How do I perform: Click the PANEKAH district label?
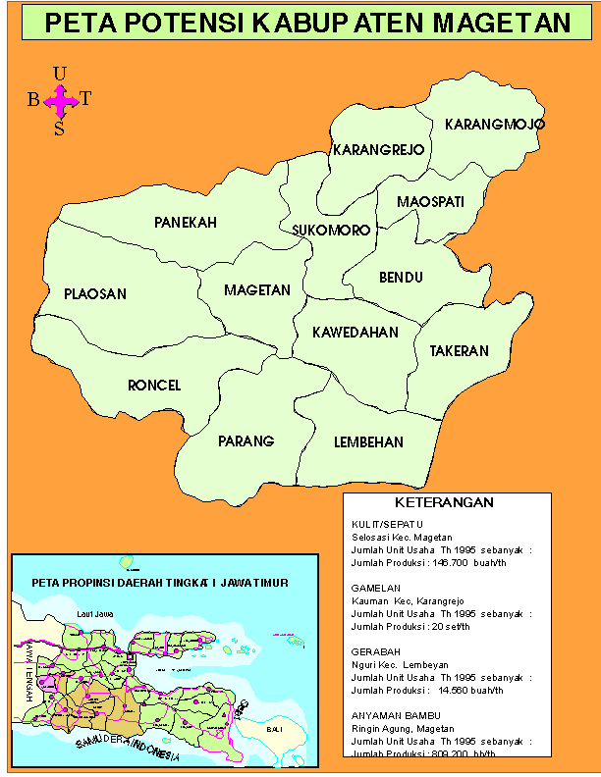[x=185, y=223]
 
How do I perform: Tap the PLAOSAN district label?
[x=95, y=293]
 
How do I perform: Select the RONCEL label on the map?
[x=154, y=386]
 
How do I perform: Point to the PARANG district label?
[x=246, y=440]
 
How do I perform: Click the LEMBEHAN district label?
[x=368, y=442]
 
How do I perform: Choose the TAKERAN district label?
[x=459, y=351]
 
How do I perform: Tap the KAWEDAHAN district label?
[x=355, y=333]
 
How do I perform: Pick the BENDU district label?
[x=401, y=278]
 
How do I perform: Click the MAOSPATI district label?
[x=430, y=202]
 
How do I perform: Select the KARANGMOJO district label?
[x=495, y=125]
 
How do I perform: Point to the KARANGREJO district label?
[x=378, y=150]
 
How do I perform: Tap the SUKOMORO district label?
[x=331, y=231]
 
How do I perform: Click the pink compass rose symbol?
[x=61, y=98]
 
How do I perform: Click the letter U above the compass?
[x=60, y=74]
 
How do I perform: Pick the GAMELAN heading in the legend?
[x=372, y=588]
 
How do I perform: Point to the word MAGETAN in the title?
[x=502, y=23]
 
